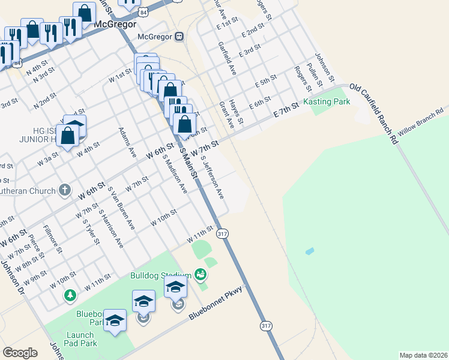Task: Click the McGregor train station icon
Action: click(179, 36)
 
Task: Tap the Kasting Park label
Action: click(327, 102)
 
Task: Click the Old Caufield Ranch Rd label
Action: click(375, 113)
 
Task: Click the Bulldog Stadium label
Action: click(160, 276)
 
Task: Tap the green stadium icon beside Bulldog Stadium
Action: click(200, 275)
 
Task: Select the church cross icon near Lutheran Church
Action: click(65, 191)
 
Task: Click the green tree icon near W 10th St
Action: click(70, 295)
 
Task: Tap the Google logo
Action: click(20, 353)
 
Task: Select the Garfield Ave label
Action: click(228, 58)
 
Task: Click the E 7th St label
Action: click(286, 110)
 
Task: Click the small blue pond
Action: click(309, 251)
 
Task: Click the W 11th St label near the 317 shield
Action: click(200, 234)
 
